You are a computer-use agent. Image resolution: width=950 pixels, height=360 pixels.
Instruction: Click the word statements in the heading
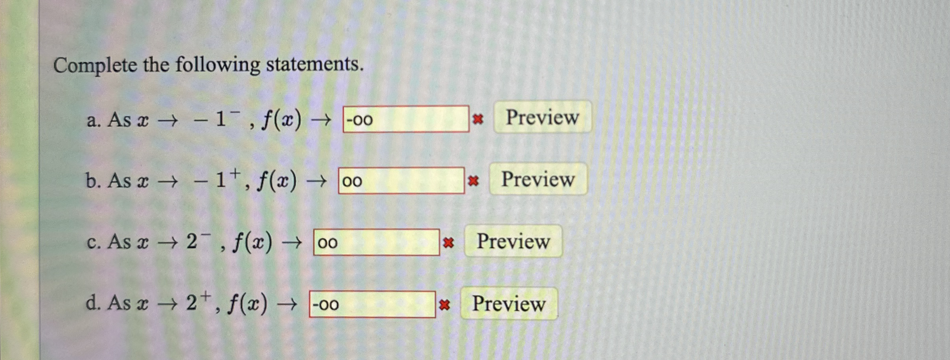(314, 64)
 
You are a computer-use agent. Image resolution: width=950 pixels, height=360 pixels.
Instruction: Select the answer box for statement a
(406, 119)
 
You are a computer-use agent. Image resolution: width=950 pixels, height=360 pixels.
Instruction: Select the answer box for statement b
(401, 181)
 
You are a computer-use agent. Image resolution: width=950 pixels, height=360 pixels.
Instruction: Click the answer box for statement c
(376, 242)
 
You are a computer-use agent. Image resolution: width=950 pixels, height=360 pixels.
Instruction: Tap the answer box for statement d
(372, 304)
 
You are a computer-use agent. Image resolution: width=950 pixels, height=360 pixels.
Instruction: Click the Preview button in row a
(542, 117)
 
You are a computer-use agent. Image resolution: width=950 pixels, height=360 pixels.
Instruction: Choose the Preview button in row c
(513, 241)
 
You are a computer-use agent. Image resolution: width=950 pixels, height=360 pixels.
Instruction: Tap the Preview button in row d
(509, 304)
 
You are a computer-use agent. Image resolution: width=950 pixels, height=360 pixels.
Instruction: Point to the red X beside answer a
(478, 119)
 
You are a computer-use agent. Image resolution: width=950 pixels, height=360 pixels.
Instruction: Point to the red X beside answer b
(473, 181)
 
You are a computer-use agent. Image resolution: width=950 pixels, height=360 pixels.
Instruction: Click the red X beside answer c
(448, 243)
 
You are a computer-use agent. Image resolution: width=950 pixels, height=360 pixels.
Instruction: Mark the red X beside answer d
(444, 305)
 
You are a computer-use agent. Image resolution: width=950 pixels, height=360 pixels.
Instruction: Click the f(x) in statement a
(281, 119)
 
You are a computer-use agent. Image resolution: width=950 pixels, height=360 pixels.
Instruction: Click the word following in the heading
(217, 65)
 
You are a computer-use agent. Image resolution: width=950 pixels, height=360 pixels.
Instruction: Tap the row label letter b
(92, 181)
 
